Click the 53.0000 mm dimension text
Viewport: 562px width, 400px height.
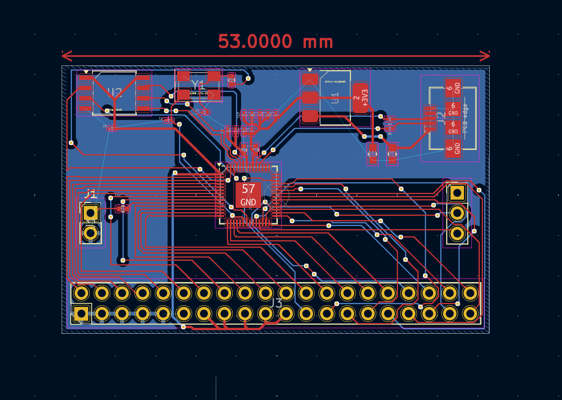point(275,41)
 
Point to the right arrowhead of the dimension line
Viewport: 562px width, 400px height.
point(487,56)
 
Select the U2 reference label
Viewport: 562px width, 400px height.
point(115,93)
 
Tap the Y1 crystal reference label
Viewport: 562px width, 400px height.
point(198,84)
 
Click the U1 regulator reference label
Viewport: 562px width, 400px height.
point(335,98)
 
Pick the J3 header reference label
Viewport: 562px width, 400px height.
point(276,303)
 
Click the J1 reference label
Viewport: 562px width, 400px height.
point(91,194)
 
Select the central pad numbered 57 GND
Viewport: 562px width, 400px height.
point(248,195)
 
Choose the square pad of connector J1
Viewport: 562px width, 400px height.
point(91,213)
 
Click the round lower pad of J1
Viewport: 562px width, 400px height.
point(91,233)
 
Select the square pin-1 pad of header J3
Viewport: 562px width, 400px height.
point(81,314)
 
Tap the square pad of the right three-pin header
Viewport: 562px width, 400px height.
point(457,193)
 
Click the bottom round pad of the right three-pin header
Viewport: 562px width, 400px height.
point(457,234)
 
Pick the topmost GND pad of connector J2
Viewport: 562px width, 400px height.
point(453,88)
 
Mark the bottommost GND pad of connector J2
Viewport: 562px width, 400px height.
point(453,148)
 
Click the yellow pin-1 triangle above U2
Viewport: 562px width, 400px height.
point(86,72)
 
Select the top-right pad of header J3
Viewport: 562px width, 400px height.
point(470,293)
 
